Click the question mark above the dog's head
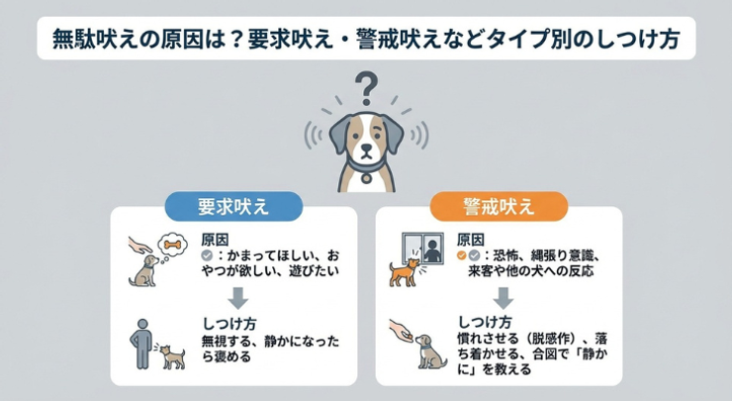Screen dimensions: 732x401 click(x=366, y=87)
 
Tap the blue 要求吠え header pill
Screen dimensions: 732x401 click(x=233, y=206)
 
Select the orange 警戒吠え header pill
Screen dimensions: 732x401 click(x=499, y=206)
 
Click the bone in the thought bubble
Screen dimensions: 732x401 click(x=172, y=245)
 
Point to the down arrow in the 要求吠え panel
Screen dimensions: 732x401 click(x=237, y=298)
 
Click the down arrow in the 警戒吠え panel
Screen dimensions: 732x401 click(x=503, y=298)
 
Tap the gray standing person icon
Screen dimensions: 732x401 click(x=142, y=344)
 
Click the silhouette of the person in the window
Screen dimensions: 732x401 click(x=432, y=251)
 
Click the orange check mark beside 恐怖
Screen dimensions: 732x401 click(x=462, y=255)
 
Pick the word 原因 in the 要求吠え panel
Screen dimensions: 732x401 click(x=216, y=241)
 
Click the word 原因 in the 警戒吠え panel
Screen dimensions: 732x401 click(x=471, y=241)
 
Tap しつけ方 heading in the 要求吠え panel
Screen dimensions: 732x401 click(x=229, y=324)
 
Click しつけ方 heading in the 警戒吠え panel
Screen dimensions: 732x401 click(x=485, y=322)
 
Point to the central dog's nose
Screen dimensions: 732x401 click(x=366, y=147)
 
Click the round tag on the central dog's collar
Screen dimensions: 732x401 click(x=366, y=178)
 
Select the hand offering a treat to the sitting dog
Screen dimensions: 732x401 click(x=401, y=331)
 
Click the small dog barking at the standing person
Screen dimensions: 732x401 click(x=172, y=356)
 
